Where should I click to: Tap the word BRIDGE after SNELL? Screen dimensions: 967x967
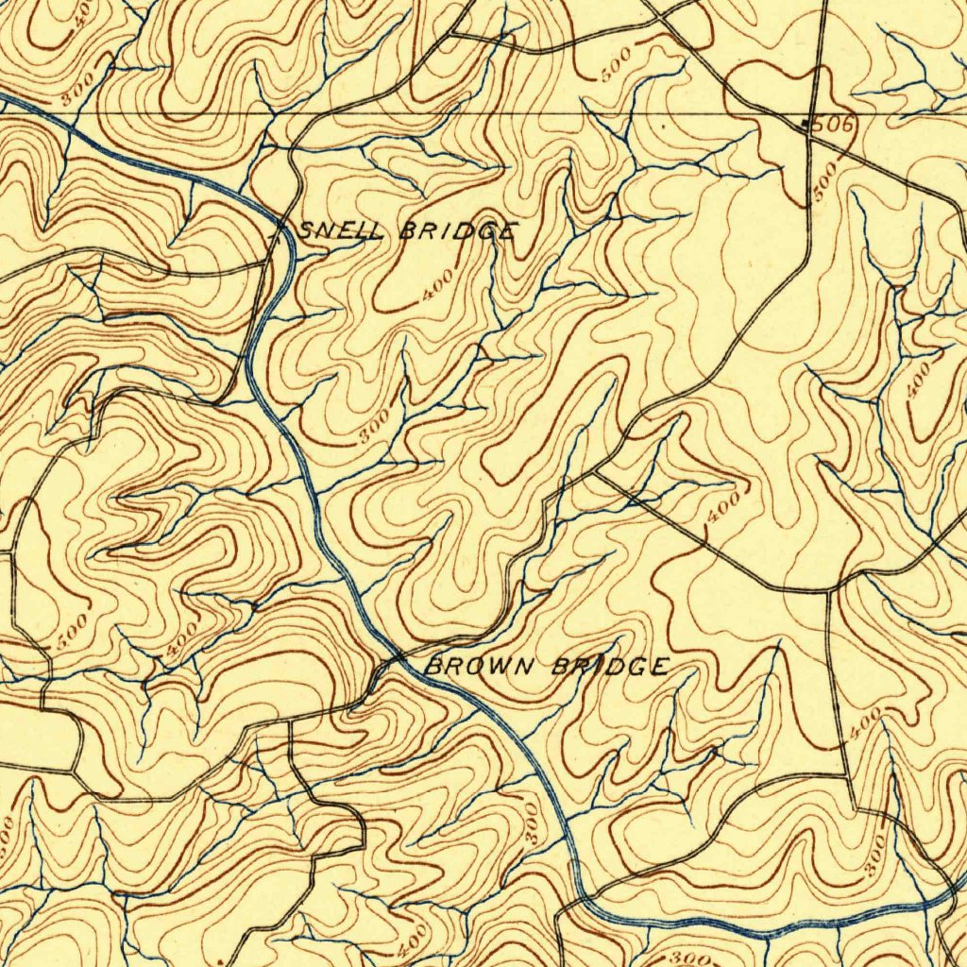[x=458, y=231]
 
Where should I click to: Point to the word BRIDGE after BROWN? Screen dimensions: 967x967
[x=610, y=668]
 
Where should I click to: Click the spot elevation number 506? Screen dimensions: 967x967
[x=833, y=125]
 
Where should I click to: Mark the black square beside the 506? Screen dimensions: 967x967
[x=806, y=124]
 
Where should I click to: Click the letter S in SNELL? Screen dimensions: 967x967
[x=308, y=229]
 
